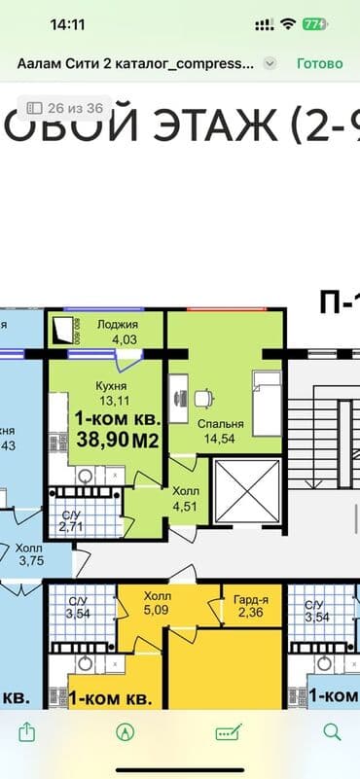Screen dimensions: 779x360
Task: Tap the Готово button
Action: click(x=320, y=63)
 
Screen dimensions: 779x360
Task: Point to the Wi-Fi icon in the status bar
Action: click(x=288, y=22)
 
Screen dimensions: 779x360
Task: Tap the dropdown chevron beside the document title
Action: click(x=270, y=63)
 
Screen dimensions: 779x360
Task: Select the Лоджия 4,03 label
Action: click(x=118, y=332)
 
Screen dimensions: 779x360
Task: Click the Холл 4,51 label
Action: click(x=185, y=498)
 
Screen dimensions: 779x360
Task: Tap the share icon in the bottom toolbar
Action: click(x=28, y=730)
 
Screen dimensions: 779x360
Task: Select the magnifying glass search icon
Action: click(x=332, y=730)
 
